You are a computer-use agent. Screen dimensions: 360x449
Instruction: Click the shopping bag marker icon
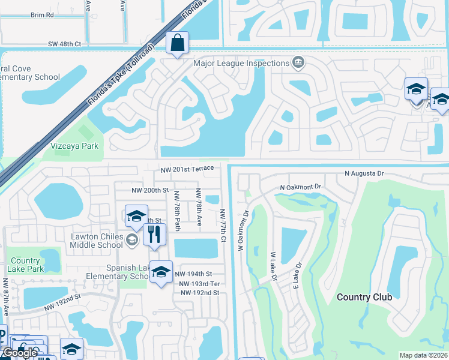(178, 43)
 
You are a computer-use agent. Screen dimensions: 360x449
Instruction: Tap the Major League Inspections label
(241, 63)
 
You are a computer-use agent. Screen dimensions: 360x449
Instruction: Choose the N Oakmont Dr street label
(301, 187)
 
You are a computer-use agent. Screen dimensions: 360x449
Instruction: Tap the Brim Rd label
(41, 14)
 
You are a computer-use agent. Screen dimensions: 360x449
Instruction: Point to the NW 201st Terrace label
(187, 169)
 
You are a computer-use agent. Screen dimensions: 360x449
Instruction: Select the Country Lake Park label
(25, 265)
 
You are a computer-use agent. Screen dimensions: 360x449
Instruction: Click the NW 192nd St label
(200, 293)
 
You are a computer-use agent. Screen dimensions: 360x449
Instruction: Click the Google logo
(20, 353)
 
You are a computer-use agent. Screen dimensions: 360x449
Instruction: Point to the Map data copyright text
(423, 355)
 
